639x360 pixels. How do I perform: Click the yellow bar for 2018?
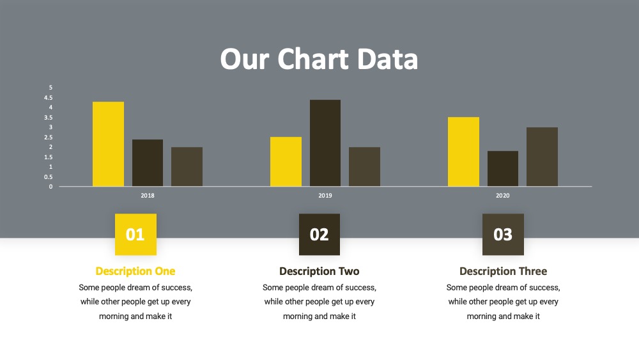click(x=108, y=144)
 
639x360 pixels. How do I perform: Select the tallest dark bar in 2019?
click(x=325, y=143)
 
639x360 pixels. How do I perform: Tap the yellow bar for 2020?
click(x=463, y=152)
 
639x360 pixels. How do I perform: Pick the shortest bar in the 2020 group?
click(x=502, y=169)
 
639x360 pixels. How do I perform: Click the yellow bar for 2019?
click(x=286, y=161)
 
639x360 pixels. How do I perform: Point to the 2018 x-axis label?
click(x=148, y=196)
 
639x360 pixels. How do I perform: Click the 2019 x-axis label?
click(x=325, y=196)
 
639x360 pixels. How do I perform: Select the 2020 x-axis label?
click(x=502, y=196)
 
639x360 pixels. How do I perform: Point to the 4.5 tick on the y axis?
click(x=49, y=98)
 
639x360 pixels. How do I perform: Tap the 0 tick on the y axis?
click(x=51, y=187)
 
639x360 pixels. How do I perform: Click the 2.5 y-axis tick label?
click(x=49, y=137)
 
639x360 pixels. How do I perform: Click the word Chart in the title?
click(x=313, y=59)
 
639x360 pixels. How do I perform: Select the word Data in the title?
click(x=387, y=59)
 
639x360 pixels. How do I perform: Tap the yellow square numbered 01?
click(x=135, y=235)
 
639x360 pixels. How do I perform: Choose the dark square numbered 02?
click(x=319, y=235)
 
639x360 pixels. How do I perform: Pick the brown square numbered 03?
click(x=504, y=235)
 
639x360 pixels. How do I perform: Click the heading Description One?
click(x=135, y=272)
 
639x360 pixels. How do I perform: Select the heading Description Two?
click(x=319, y=272)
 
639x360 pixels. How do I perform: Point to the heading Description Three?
click(x=504, y=272)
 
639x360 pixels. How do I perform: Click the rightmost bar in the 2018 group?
click(x=187, y=167)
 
